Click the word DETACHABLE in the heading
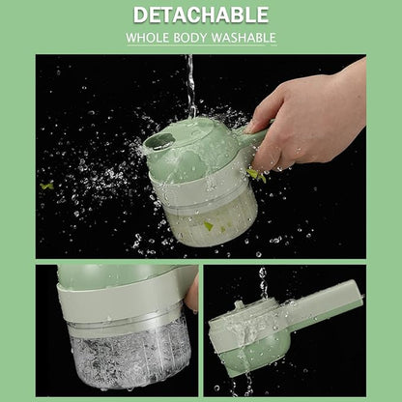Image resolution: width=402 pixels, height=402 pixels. [x=201, y=14]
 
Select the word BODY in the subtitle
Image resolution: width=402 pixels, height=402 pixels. [x=190, y=38]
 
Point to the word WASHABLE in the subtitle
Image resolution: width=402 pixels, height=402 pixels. [x=244, y=38]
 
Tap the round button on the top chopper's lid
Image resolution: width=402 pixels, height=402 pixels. [x=161, y=142]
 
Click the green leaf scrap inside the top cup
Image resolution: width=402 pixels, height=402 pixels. [x=209, y=226]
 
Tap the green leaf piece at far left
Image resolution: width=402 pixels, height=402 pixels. [x=47, y=186]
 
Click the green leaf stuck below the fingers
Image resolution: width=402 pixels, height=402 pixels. [x=256, y=175]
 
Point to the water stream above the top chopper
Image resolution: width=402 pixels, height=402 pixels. [x=190, y=87]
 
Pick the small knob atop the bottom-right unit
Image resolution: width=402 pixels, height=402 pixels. [x=239, y=304]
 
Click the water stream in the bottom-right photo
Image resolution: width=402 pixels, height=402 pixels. [x=263, y=283]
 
